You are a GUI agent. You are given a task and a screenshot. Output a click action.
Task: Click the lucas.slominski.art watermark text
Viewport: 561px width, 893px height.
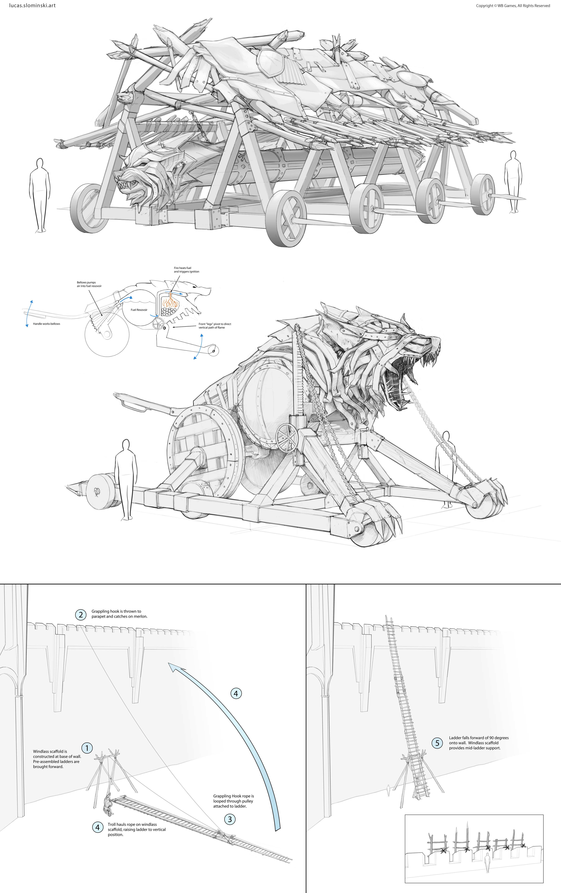point(32,6)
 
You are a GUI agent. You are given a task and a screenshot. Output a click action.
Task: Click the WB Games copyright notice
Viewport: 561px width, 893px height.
point(513,6)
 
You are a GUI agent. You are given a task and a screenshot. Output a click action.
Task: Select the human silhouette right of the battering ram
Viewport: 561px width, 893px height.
point(513,182)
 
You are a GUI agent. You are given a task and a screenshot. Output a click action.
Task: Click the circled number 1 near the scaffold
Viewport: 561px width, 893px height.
point(87,748)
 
